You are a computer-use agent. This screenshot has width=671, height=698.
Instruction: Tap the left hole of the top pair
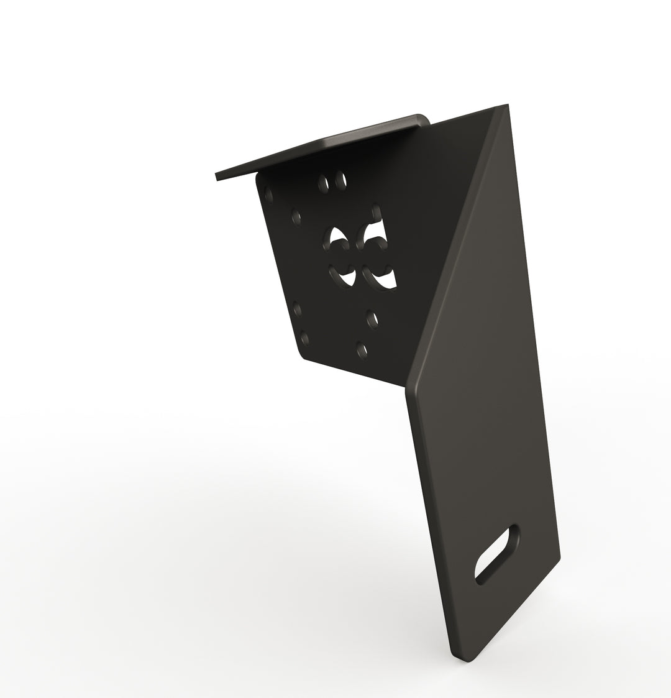click(x=323, y=181)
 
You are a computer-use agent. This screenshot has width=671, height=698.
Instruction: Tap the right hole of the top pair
click(x=340, y=180)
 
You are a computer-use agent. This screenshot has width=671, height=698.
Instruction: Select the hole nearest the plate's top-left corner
click(x=268, y=191)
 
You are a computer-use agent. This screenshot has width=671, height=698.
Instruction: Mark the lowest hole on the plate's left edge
click(x=304, y=338)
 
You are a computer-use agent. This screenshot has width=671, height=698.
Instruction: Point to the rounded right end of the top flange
click(x=425, y=119)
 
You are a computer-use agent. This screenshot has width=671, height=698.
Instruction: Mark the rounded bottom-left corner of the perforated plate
click(x=303, y=356)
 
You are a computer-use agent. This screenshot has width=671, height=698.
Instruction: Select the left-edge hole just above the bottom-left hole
click(x=296, y=307)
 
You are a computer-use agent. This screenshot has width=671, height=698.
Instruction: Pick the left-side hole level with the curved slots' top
click(x=296, y=218)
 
